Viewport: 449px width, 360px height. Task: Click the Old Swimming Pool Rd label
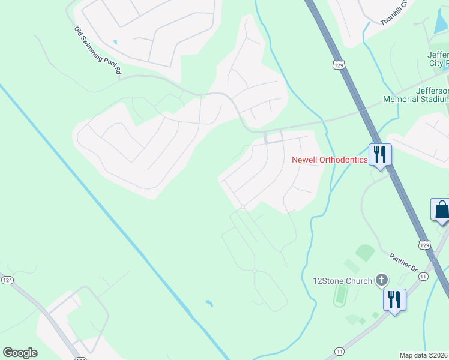98,50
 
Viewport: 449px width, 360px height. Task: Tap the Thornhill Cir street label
394,13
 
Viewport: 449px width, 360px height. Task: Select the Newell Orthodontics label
329,160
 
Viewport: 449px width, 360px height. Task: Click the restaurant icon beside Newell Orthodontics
380,154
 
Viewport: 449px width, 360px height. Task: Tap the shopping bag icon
441,210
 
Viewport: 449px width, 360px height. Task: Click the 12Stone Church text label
342,281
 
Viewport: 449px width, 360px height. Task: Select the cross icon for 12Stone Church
381,279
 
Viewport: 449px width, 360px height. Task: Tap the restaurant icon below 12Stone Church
394,299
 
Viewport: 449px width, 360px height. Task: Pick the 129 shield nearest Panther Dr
424,245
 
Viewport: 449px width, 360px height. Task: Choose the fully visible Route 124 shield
7,280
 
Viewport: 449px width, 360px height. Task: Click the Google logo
20,352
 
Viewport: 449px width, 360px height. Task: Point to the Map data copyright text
424,355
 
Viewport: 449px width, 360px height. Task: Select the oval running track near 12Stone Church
342,294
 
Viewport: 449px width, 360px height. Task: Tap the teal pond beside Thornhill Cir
436,23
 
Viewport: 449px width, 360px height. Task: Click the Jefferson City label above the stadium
438,59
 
